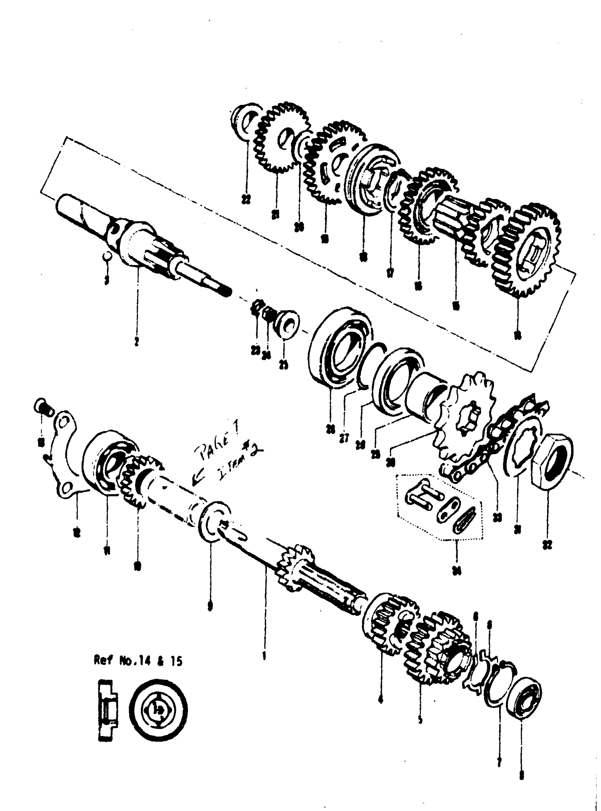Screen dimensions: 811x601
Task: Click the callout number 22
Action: (x=248, y=199)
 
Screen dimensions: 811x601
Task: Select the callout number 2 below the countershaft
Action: (x=136, y=342)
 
